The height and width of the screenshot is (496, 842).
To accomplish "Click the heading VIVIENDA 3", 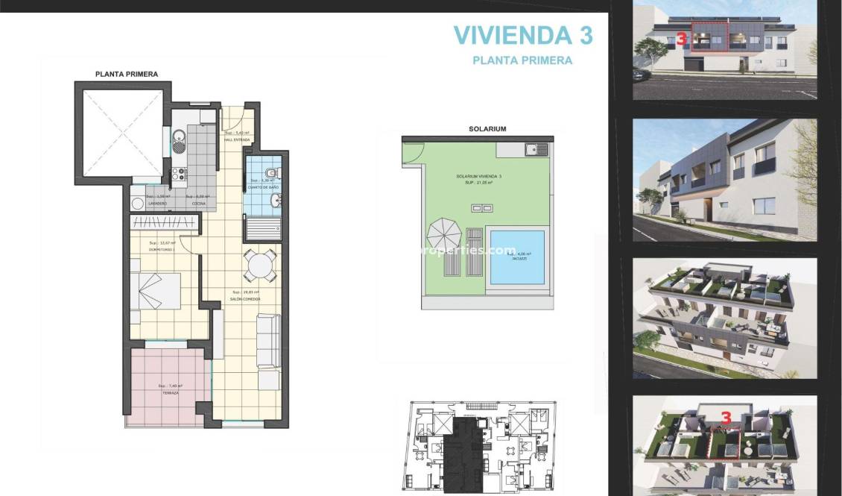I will [x=523, y=35].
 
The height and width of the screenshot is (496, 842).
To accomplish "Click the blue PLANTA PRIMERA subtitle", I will [x=522, y=60].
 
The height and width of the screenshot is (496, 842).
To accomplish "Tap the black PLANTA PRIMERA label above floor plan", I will [x=127, y=74].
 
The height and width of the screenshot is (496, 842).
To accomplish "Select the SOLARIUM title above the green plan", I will [x=487, y=129].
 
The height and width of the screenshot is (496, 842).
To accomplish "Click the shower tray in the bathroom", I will [x=264, y=226].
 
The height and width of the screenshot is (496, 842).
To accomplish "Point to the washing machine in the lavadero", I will [x=138, y=202].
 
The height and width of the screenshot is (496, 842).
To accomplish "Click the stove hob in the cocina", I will [x=180, y=175].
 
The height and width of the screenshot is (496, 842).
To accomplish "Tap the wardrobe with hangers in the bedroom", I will [x=165, y=222].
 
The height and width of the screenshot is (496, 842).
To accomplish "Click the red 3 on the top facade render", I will [x=681, y=40].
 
